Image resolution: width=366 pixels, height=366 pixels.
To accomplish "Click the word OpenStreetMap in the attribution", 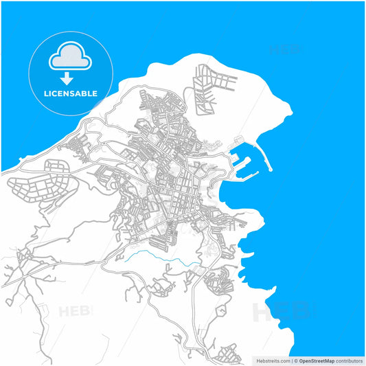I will click(x=316, y=360).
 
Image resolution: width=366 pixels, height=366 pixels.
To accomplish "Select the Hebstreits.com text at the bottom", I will click(x=273, y=360).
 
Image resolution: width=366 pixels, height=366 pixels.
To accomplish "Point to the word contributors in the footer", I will click(x=349, y=360).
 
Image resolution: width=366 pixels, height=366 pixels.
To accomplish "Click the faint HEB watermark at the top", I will click(x=285, y=49).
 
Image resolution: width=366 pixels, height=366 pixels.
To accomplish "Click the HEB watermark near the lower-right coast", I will click(x=282, y=312).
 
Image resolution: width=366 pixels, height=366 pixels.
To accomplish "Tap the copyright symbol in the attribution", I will click(x=296, y=360).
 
